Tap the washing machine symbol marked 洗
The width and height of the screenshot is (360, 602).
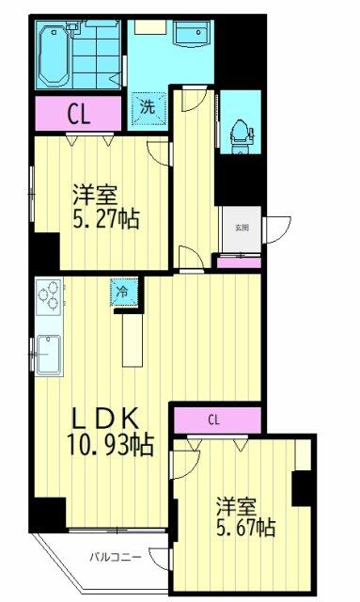[x=148, y=106]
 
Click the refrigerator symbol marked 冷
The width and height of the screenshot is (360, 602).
[x=123, y=293]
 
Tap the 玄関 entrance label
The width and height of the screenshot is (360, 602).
[x=242, y=227]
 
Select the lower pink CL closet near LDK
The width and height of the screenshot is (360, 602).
[x=215, y=420]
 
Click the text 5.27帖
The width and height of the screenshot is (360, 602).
[x=106, y=220]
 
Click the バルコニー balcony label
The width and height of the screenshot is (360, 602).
[x=116, y=557]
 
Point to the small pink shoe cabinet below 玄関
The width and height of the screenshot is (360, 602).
[x=239, y=262]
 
